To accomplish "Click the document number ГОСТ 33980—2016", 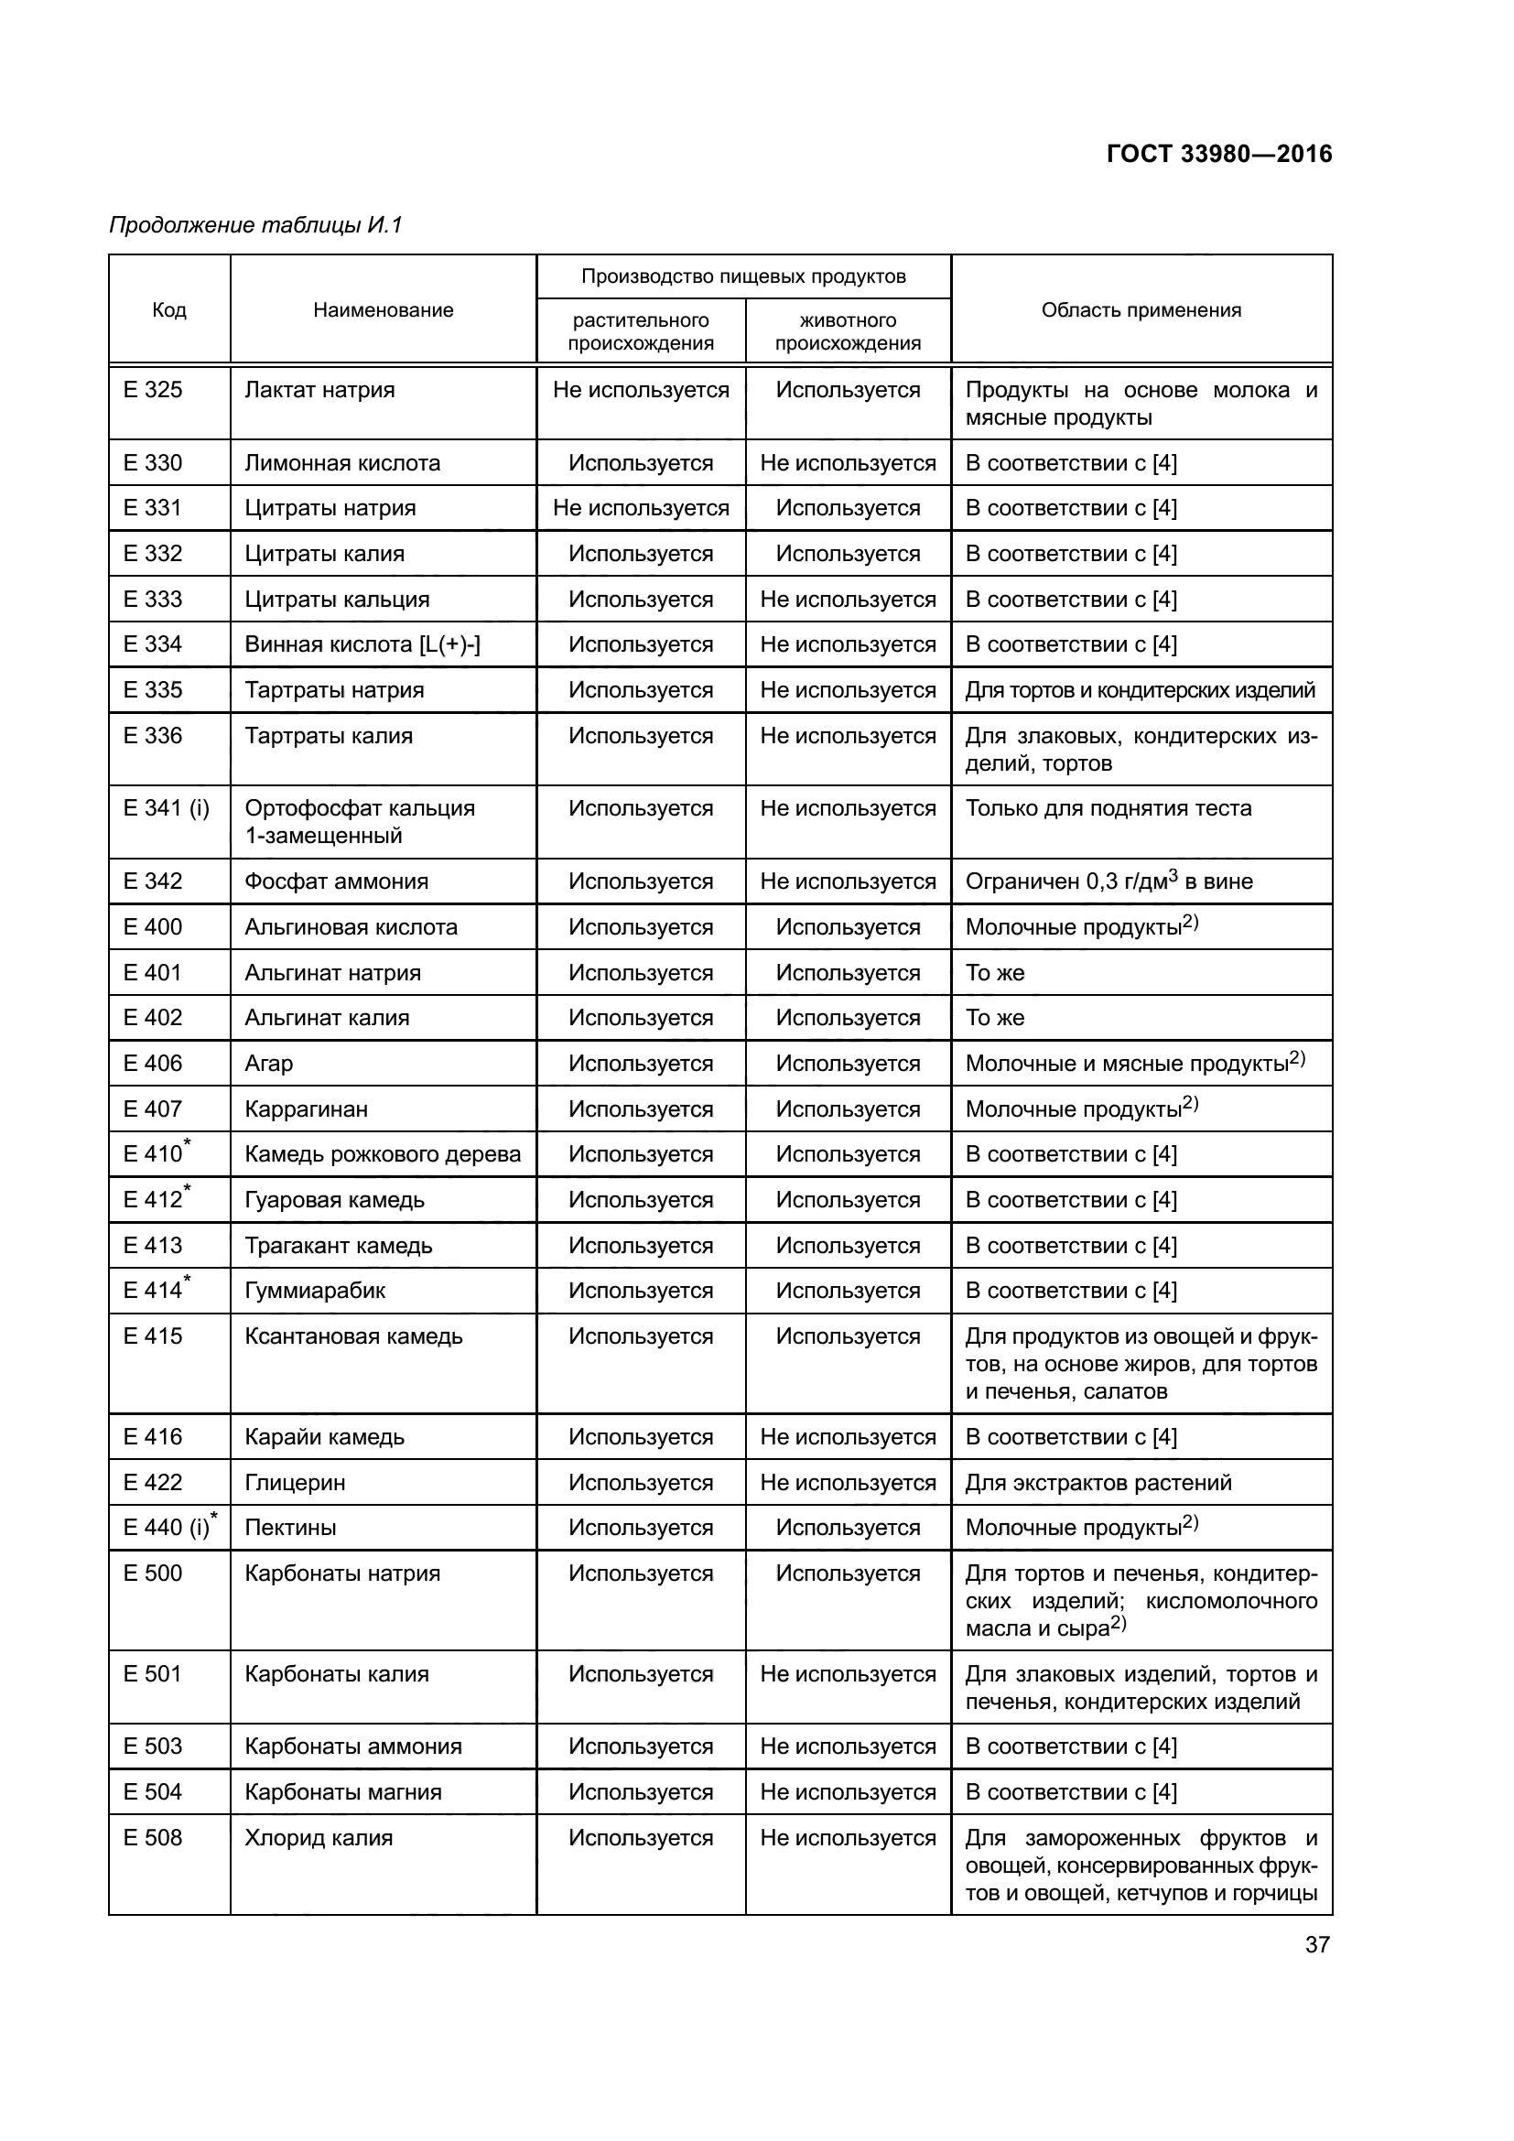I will pyautogui.click(x=1218, y=154).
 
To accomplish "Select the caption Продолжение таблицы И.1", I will pyautogui.click(x=255, y=225).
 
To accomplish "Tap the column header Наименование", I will pyautogui.click(x=384, y=310).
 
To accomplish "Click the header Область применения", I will pyautogui.click(x=1141, y=310).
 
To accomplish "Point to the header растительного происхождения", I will pyautogui.click(x=641, y=331).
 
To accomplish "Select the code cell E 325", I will pyautogui.click(x=153, y=390).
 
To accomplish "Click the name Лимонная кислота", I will pyautogui.click(x=342, y=463).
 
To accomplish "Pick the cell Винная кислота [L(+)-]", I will pyautogui.click(x=362, y=644).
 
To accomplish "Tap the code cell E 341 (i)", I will pyautogui.click(x=166, y=808).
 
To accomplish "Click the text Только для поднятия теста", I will pyautogui.click(x=1108, y=808).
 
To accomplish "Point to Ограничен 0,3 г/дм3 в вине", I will pyautogui.click(x=1108, y=881).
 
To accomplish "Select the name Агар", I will pyautogui.click(x=268, y=1063).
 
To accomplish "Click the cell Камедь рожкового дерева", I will pyautogui.click(x=383, y=1154).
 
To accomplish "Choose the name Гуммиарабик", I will pyautogui.click(x=314, y=1291).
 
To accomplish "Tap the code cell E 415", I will pyautogui.click(x=153, y=1336).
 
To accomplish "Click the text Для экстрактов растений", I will pyautogui.click(x=1098, y=1483).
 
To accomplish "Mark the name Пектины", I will pyautogui.click(x=290, y=1528).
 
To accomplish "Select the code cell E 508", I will pyautogui.click(x=153, y=1838).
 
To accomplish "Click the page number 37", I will pyautogui.click(x=1316, y=1944).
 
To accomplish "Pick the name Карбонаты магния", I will pyautogui.click(x=342, y=1792).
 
